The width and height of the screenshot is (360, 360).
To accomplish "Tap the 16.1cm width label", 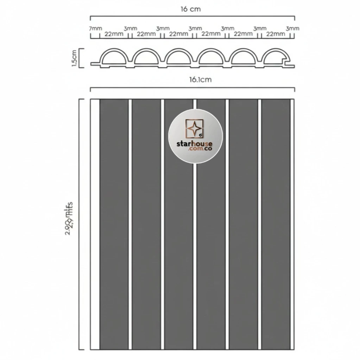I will [200, 80].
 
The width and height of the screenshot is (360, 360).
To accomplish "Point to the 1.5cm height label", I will [74, 58].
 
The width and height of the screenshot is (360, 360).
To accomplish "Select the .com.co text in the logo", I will [200, 149].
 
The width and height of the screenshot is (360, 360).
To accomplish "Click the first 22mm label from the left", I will [114, 34].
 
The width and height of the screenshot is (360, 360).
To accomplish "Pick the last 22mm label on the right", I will [276, 34].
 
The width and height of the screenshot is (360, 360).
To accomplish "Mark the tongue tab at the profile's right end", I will [291, 65].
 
